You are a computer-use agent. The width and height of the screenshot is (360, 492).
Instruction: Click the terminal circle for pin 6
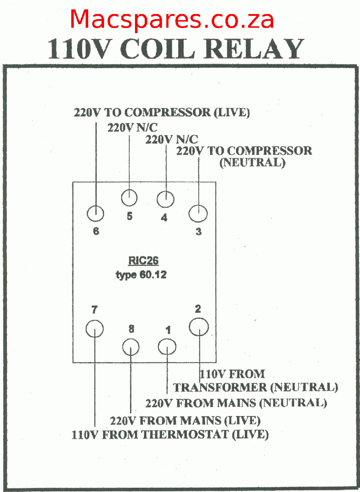(95, 214)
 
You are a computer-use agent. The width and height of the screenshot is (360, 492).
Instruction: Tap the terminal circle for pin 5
(129, 198)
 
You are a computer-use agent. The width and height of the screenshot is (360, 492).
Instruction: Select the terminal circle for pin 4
(166, 199)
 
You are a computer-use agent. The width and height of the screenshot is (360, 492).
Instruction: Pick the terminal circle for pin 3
(198, 213)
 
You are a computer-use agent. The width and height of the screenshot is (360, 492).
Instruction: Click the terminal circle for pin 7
(95, 328)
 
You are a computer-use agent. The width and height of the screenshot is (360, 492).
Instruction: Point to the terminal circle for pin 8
(131, 347)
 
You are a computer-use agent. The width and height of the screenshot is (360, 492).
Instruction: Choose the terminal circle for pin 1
(167, 347)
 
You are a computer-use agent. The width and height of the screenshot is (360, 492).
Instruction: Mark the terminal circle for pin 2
(199, 327)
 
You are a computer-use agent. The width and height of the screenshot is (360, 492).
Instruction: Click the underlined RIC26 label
(143, 260)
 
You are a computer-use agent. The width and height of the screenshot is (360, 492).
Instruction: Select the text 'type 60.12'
(141, 275)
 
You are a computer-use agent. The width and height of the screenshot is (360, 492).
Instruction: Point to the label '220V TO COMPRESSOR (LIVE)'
(162, 112)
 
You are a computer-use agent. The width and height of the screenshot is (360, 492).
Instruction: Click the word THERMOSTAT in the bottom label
(184, 434)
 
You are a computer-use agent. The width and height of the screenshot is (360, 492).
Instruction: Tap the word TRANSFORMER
(220, 388)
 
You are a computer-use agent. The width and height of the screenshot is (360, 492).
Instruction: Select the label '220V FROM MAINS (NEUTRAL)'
(236, 403)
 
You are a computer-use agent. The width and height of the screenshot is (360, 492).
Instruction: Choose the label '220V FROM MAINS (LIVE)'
(185, 420)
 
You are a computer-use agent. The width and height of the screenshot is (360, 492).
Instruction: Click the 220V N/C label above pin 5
(132, 128)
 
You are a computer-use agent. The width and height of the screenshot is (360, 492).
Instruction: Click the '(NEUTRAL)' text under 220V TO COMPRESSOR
(252, 162)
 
